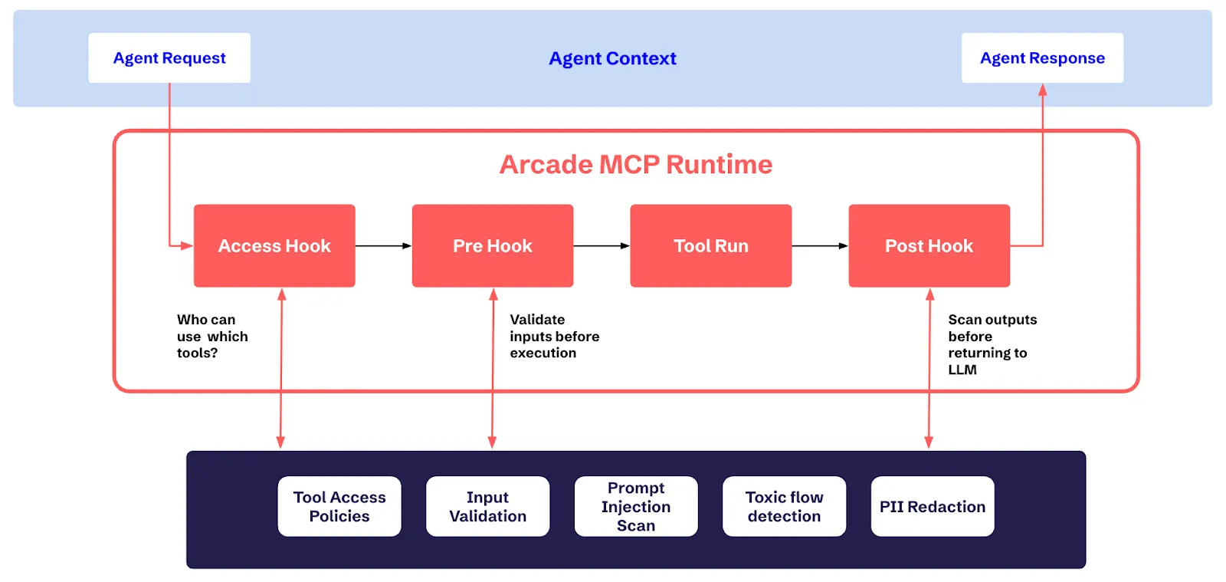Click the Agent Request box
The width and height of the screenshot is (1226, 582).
pos(169,58)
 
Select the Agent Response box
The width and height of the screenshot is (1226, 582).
pos(1042,58)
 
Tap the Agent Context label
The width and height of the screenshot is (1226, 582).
pos(612,58)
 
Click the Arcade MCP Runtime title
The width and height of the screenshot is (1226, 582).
pos(635,164)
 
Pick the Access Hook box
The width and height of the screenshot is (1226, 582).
pos(274,245)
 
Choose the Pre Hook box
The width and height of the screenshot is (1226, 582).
pos(492,245)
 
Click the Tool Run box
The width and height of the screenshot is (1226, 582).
pos(710,245)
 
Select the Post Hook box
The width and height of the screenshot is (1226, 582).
pos(929,245)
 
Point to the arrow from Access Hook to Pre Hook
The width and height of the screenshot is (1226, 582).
pos(383,245)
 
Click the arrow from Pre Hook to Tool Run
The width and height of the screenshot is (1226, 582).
pos(602,245)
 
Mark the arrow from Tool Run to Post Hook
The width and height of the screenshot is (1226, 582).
pos(820,245)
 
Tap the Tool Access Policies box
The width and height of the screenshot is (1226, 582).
pos(339,506)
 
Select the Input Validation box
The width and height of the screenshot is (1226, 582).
pos(487,506)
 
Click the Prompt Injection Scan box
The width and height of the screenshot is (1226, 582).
pos(636,506)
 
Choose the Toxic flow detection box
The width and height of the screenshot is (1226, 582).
pos(784,506)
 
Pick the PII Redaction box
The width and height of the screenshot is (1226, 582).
pos(932,506)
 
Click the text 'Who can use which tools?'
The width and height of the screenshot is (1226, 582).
pos(211,336)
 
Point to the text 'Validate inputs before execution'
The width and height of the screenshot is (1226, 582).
pos(553,336)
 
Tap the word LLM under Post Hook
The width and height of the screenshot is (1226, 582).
pos(962,370)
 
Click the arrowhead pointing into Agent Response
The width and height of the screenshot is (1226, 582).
pos(1042,90)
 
